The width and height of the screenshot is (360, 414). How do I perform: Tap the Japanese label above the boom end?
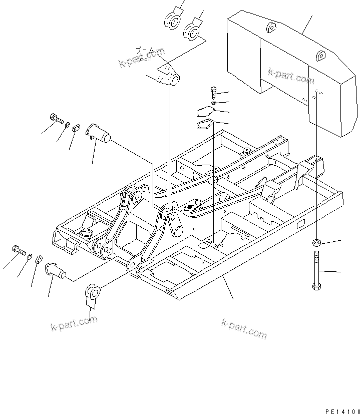(145, 50)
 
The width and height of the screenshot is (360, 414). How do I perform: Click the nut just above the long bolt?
(316, 243)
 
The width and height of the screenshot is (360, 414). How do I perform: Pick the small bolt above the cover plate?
(214, 93)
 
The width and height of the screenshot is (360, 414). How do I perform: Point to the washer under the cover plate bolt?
(214, 103)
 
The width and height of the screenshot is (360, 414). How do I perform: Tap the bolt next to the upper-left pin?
(56, 119)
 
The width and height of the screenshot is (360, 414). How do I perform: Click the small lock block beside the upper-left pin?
(77, 128)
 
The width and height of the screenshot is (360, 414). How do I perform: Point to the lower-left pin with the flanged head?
(56, 269)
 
